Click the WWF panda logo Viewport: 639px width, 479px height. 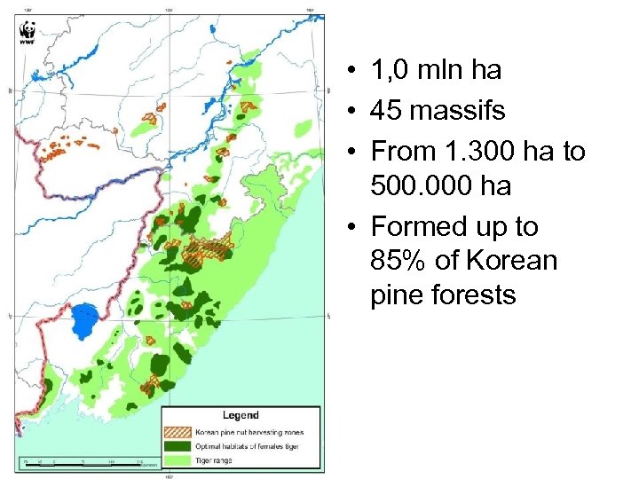coord(28,34)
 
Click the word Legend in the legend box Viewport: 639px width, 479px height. coord(241,414)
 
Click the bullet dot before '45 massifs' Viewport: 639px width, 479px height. coord(352,112)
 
